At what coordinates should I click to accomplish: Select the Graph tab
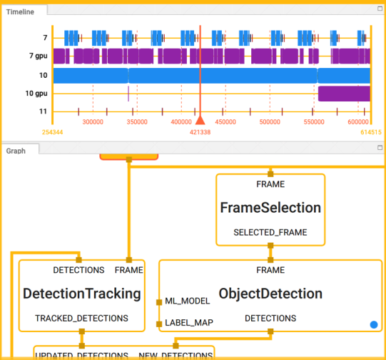16,151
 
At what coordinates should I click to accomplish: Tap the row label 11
43,111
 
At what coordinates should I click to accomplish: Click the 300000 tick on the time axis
92,122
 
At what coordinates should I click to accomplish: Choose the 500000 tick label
270,122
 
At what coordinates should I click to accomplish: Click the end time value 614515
371,132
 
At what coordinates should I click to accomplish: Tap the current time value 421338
200,132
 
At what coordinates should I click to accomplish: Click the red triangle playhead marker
200,121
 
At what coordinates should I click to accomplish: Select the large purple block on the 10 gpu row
343,94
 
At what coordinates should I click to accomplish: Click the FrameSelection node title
270,208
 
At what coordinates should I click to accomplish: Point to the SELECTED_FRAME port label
270,233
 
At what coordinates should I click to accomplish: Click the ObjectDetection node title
270,294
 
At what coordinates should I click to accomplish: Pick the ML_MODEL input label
188,301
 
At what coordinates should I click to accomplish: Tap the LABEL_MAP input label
188,323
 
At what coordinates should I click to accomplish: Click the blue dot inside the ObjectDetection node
373,325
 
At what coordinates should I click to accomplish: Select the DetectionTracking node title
81,294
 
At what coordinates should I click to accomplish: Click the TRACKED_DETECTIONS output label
81,318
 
